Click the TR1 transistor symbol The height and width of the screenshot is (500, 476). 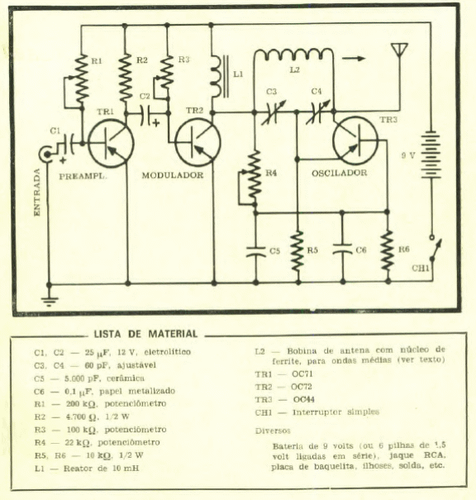(x=111, y=144)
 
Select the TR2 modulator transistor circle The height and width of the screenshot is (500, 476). (x=198, y=142)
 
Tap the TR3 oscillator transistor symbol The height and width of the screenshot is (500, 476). (x=355, y=140)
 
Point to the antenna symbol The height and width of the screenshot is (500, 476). (x=399, y=50)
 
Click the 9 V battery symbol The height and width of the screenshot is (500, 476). (x=431, y=155)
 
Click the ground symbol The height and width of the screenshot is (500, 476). (x=49, y=300)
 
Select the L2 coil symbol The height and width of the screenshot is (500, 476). (x=293, y=55)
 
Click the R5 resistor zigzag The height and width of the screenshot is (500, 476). (x=297, y=251)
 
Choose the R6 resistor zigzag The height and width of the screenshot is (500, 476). (x=387, y=250)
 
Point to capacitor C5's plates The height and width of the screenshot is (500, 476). (x=255, y=251)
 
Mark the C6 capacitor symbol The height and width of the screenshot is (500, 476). (x=342, y=249)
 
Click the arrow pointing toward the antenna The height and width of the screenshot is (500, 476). (x=354, y=59)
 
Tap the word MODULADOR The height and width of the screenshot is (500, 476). (x=173, y=175)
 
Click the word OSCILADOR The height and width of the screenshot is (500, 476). (x=339, y=173)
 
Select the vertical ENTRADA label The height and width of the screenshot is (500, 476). (x=37, y=193)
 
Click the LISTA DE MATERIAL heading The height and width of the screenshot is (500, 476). (x=145, y=334)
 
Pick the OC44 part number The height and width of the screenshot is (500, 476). (x=304, y=399)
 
